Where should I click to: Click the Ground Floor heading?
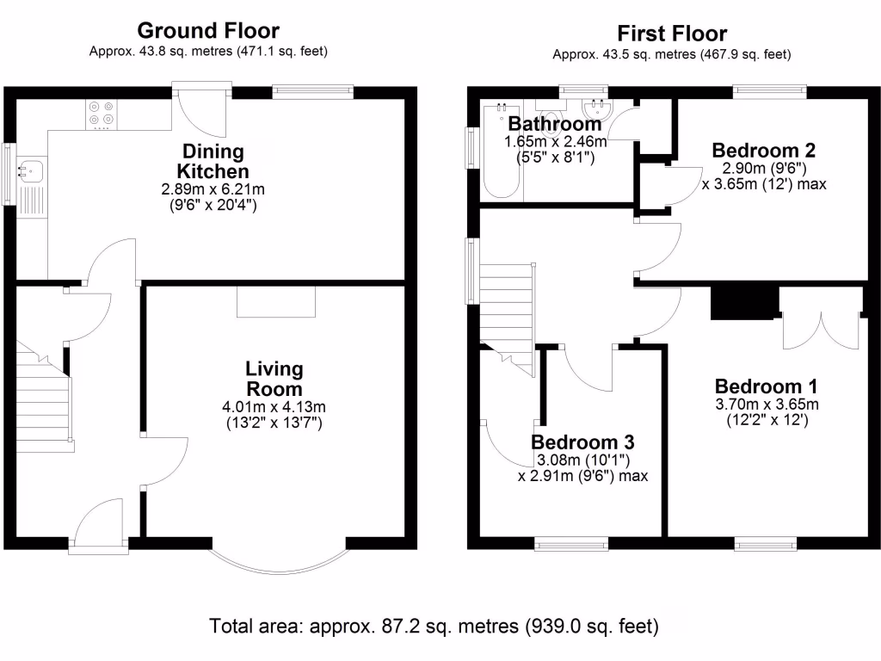coord(208,31)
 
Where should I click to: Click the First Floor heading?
coord(672,34)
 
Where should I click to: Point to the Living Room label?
coord(274,379)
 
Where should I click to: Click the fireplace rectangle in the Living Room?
coord(277,303)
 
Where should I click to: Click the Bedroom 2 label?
coord(764,151)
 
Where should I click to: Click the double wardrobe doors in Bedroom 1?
coord(821,319)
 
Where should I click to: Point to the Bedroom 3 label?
coord(582,442)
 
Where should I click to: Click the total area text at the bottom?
coord(434,625)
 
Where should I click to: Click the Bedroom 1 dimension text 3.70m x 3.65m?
coord(766,405)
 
